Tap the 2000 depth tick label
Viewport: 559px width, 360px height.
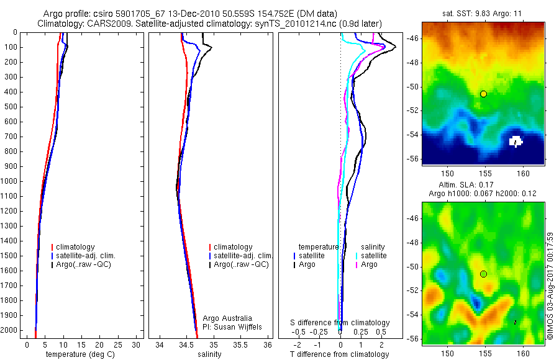coord(9,330)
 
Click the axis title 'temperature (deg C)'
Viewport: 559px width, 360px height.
coord(78,354)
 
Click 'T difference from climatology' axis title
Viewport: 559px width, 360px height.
coord(339,354)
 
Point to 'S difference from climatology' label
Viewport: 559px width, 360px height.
coord(340,323)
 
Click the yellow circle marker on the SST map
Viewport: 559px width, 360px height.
coord(483,94)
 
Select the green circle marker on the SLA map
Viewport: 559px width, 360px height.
coord(483,274)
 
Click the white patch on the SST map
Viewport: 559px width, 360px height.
coord(516,142)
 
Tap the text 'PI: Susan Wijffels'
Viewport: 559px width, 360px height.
coord(234,326)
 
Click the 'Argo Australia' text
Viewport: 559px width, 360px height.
coord(227,318)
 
